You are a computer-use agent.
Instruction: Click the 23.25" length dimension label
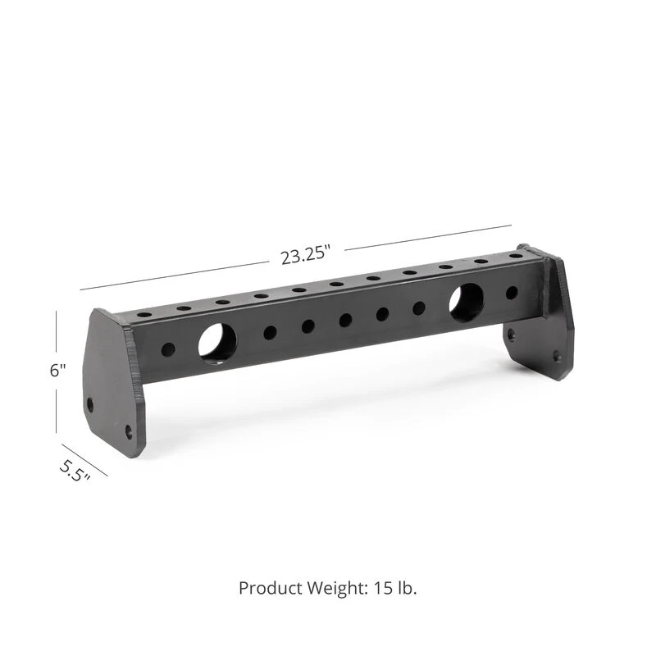coord(305,256)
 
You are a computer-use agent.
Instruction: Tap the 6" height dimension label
coord(57,370)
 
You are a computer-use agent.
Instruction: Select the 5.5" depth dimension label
coord(74,473)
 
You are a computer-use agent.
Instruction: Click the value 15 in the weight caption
coord(385,588)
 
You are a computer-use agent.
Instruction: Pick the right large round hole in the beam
coord(466,301)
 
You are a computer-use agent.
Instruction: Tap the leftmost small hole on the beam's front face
coord(168,349)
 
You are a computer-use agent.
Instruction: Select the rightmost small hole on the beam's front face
coord(512,292)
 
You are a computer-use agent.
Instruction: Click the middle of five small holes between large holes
coord(345,320)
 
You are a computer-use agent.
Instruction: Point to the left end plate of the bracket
coord(115,377)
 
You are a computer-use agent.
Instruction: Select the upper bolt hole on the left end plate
coord(90,404)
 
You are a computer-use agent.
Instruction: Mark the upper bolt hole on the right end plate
coord(512,335)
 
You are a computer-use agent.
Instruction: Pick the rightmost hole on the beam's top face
coord(516,257)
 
